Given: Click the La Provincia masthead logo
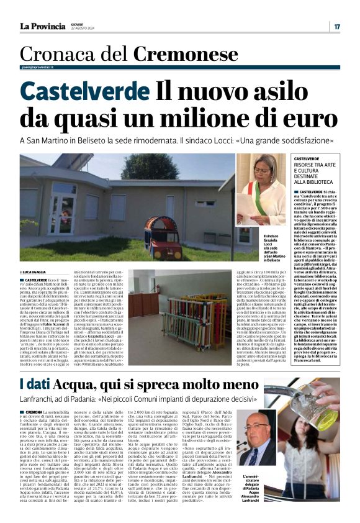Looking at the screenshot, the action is pos(42,26).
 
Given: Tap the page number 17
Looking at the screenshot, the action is pos(336,27).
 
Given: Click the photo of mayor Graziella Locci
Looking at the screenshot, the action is pos(261,192).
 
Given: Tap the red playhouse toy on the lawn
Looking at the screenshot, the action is pos(163,237).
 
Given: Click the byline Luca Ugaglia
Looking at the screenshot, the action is pos(40,272).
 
